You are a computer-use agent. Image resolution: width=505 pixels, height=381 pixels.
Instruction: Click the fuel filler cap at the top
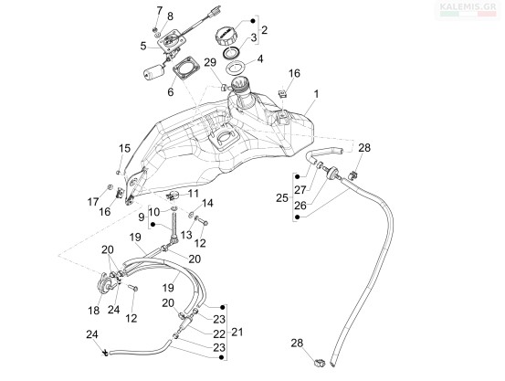click(227, 36)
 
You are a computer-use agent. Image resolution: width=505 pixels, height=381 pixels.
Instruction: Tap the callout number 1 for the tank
click(316, 94)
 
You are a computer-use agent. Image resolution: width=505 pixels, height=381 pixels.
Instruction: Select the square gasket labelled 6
click(185, 68)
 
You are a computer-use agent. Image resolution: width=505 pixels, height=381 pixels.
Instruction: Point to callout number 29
click(210, 62)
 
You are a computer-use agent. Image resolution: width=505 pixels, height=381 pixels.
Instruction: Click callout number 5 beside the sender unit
click(143, 46)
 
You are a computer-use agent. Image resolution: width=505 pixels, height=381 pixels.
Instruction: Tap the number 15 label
click(124, 148)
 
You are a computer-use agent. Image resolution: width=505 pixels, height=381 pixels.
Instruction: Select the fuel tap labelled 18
click(106, 282)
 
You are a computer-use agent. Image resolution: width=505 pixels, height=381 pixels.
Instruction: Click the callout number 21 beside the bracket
click(237, 332)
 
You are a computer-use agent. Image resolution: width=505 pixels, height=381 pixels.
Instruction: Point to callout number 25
click(282, 198)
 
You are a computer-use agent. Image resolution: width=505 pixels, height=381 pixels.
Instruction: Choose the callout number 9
click(142, 217)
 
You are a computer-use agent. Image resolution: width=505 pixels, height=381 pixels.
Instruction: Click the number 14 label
click(207, 203)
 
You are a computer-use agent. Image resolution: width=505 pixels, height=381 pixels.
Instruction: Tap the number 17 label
click(93, 202)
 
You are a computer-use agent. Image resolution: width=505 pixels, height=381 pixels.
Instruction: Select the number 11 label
click(194, 194)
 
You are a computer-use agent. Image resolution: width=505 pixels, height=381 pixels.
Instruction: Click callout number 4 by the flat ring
click(260, 59)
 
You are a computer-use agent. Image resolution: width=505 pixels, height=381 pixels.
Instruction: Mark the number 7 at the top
click(160, 11)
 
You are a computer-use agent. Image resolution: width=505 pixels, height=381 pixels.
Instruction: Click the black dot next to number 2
click(253, 21)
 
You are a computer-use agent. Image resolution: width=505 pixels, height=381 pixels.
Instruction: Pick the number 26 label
click(300, 205)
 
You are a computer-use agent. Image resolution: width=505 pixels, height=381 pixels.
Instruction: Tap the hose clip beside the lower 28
click(320, 363)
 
